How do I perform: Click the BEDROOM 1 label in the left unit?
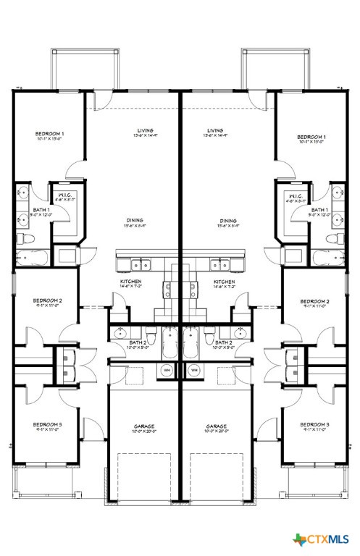click(50, 135)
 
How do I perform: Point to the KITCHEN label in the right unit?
click(224, 282)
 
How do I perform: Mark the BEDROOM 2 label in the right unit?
click(314, 300)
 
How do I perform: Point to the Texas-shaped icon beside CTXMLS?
click(300, 539)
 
